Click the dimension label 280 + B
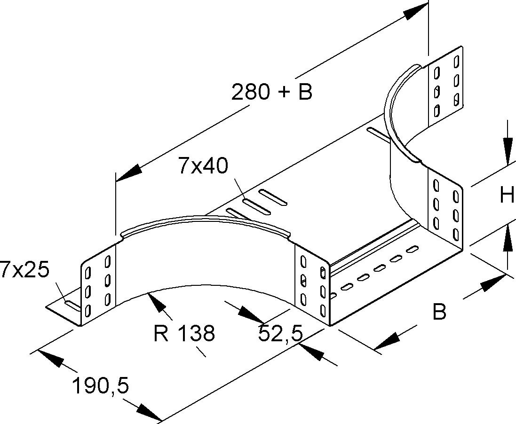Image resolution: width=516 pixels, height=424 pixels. (x=272, y=92)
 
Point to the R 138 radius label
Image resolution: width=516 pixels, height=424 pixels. (x=184, y=333)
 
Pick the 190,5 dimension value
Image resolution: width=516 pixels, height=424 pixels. (x=100, y=386)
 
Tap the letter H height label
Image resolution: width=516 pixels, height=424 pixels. (x=507, y=195)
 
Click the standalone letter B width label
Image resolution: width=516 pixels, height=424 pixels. (x=439, y=312)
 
